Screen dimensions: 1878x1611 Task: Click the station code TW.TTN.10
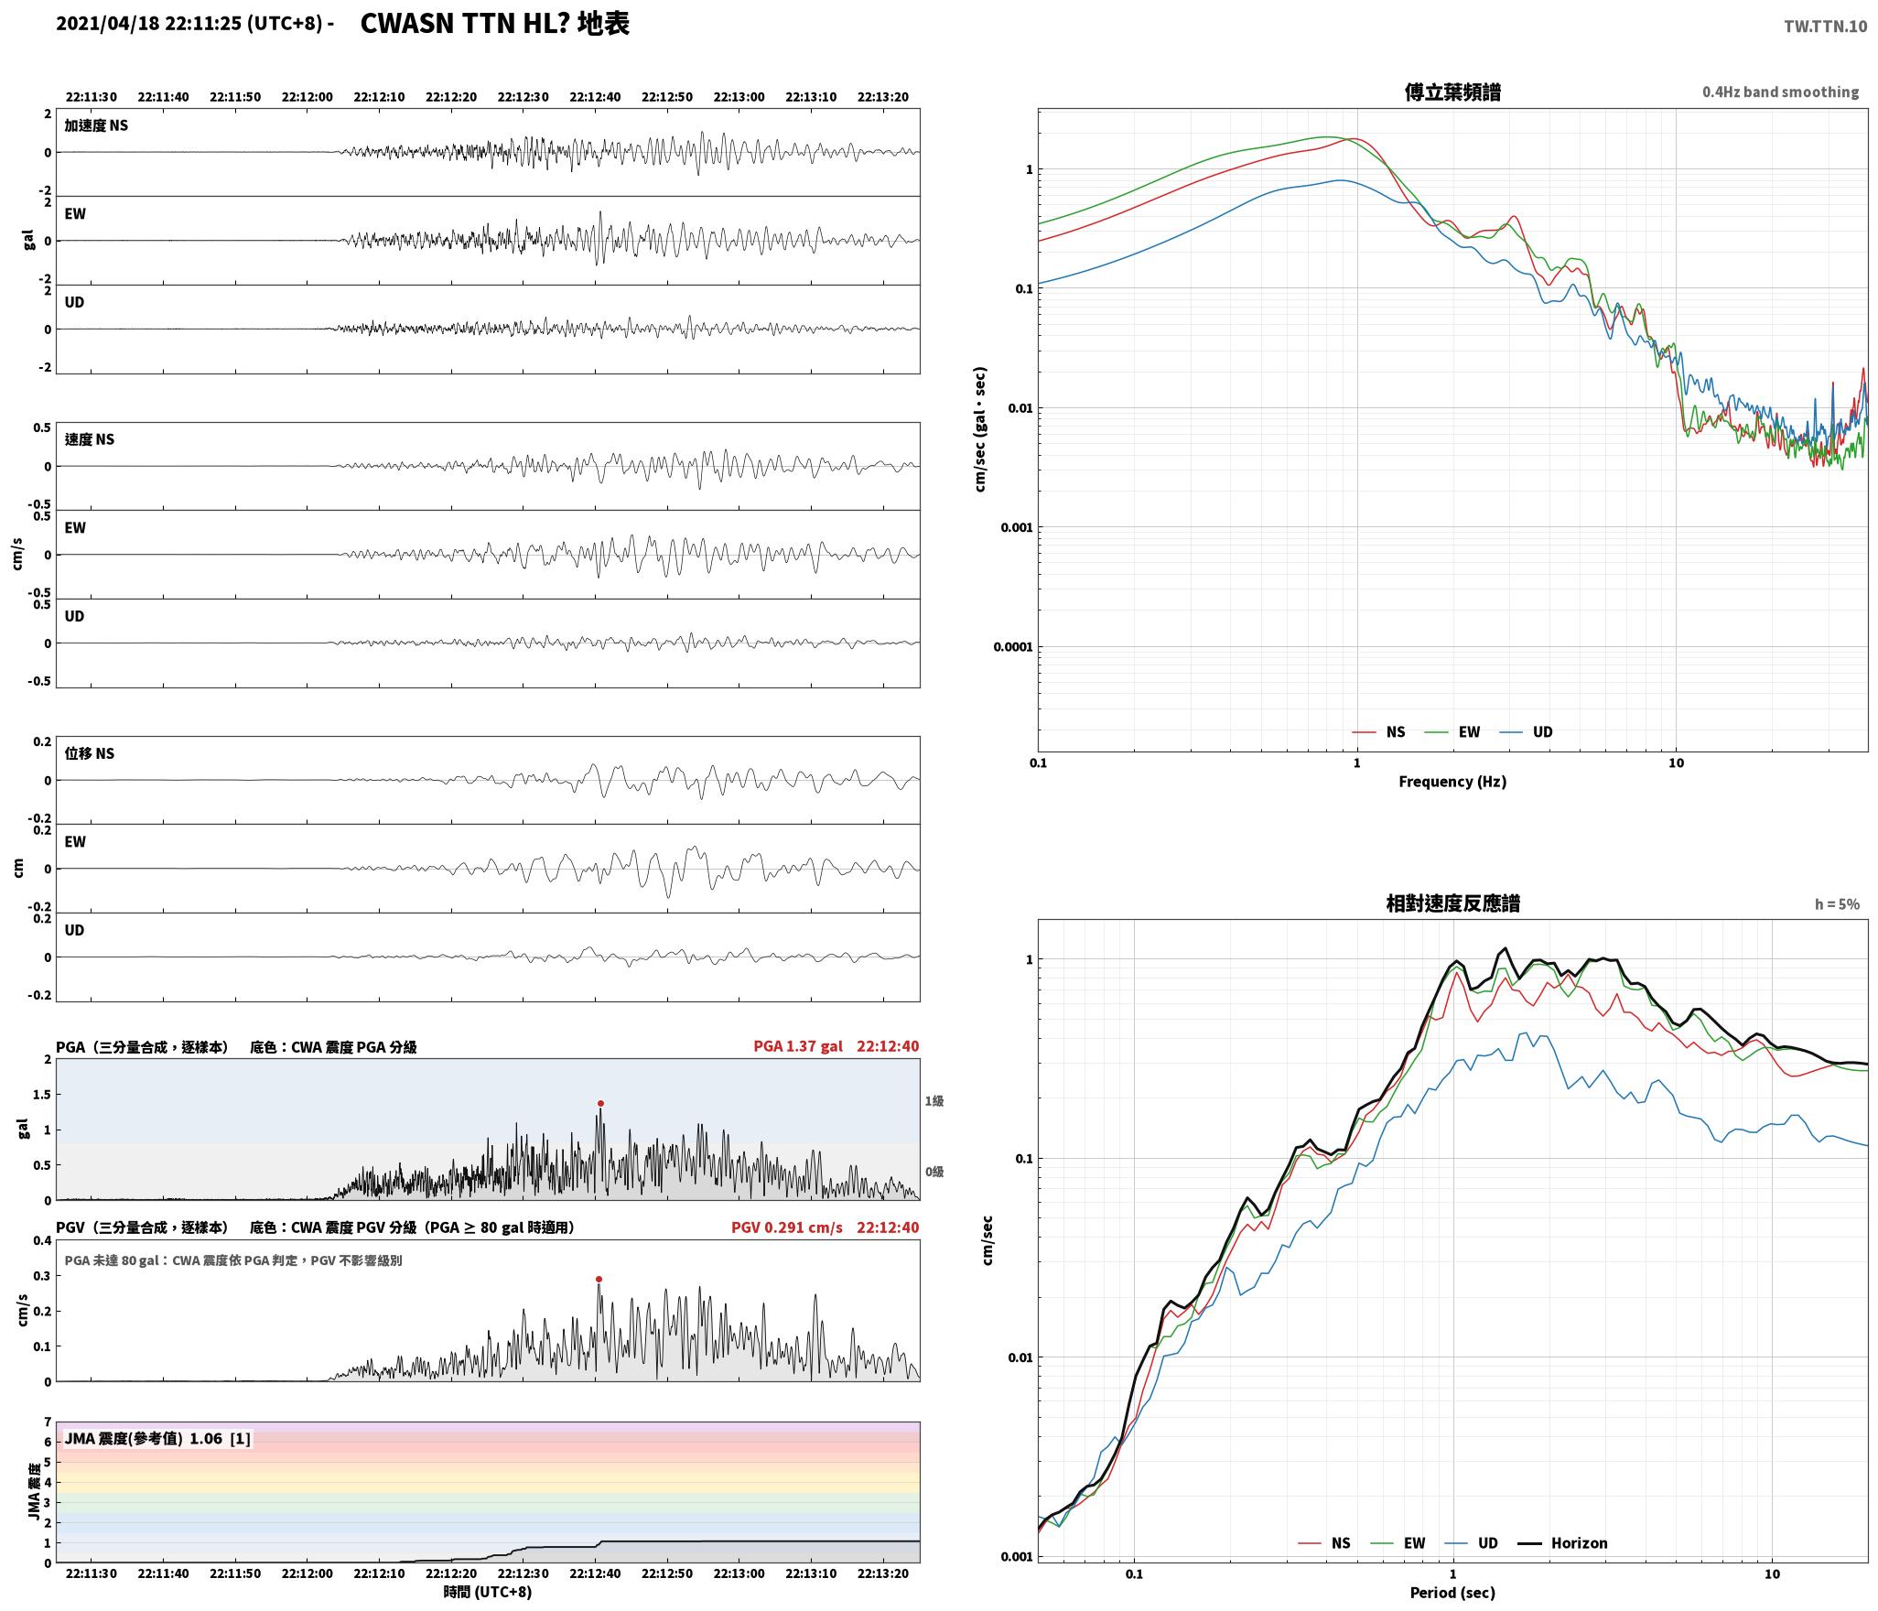(x=1825, y=26)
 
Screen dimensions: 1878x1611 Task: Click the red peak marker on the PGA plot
(x=600, y=1103)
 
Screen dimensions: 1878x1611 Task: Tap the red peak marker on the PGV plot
(x=599, y=1279)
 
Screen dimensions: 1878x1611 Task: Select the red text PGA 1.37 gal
(x=798, y=1045)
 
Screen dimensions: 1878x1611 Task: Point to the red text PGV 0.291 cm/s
(x=787, y=1227)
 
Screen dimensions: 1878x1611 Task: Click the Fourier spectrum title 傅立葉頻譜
(x=1452, y=92)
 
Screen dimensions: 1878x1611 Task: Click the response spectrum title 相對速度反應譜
(x=1452, y=903)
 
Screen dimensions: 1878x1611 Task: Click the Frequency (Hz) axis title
(x=1452, y=781)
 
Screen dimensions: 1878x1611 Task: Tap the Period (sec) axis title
(x=1452, y=1592)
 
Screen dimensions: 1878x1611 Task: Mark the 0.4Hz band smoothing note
(x=1780, y=92)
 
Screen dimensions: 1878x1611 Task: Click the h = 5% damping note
(x=1837, y=903)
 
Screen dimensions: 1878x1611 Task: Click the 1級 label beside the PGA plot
(x=934, y=1100)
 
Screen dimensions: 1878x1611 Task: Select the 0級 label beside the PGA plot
(x=934, y=1171)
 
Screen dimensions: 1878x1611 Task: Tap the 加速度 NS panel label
(x=96, y=125)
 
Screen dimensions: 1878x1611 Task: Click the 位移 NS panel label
(x=90, y=753)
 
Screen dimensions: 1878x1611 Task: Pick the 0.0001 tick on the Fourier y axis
(x=1012, y=647)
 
